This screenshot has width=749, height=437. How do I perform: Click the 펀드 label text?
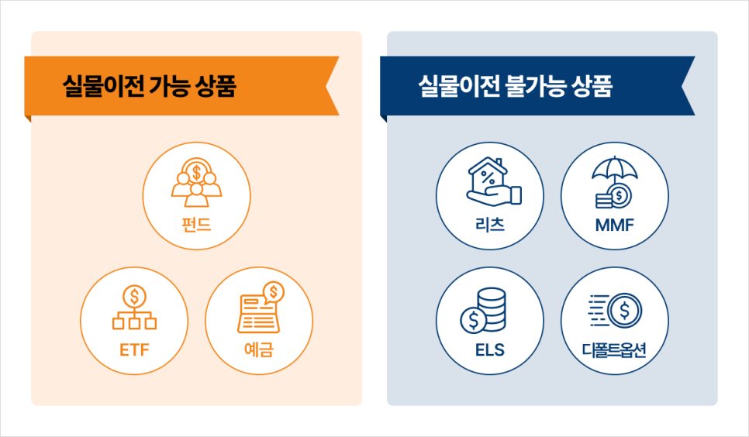pyautogui.click(x=196, y=226)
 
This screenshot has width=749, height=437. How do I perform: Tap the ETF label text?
pyautogui.click(x=134, y=349)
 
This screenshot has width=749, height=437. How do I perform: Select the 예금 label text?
pyautogui.click(x=258, y=349)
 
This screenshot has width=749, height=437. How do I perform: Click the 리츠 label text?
pyautogui.click(x=490, y=226)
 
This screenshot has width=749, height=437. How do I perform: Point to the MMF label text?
pyautogui.click(x=614, y=226)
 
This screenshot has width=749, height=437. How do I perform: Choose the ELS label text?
pyautogui.click(x=490, y=349)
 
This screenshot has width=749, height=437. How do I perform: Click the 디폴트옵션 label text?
pyautogui.click(x=614, y=349)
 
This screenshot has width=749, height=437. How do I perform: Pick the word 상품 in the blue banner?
pyautogui.click(x=592, y=86)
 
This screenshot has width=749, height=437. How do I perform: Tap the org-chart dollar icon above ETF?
pyautogui.click(x=134, y=308)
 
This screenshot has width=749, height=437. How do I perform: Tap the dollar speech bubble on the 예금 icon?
pyautogui.click(x=273, y=292)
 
